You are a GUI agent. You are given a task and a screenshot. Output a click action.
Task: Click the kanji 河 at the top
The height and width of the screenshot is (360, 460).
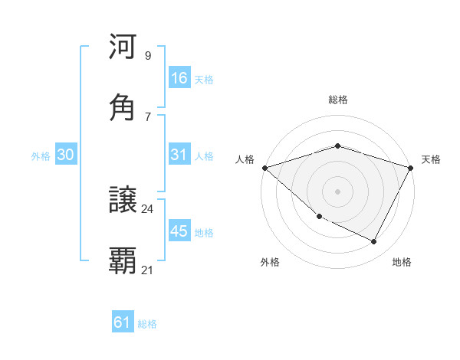123,47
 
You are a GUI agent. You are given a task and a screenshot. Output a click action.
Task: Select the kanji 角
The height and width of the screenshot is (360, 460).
123,107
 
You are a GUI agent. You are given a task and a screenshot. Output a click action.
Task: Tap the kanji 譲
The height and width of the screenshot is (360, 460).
123,201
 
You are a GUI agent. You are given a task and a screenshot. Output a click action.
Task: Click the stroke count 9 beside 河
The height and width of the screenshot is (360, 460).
147,55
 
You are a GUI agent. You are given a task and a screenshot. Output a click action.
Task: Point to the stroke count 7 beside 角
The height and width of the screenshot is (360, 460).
147,116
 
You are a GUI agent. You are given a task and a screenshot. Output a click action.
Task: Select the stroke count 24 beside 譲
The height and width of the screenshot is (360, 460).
148,208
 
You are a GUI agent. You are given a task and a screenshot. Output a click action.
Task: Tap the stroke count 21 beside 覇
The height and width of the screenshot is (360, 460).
148,270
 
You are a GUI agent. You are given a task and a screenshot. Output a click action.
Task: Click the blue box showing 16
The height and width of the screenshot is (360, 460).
179,77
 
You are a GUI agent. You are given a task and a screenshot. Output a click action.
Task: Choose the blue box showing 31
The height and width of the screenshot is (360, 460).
179,155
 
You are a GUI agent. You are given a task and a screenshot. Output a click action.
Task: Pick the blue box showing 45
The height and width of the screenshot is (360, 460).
179,231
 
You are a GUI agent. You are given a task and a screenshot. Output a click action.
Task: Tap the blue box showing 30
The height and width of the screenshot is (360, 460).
66,155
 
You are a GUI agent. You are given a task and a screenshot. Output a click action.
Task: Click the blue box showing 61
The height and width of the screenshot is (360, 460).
123,322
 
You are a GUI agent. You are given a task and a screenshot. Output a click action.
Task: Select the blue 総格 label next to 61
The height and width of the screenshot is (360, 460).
147,324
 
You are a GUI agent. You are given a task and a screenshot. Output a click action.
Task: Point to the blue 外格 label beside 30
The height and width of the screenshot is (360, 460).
41,155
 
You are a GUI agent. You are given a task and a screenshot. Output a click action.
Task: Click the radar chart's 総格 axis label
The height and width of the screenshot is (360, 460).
337,100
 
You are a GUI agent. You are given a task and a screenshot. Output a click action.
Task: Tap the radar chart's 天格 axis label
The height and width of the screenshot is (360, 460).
431,159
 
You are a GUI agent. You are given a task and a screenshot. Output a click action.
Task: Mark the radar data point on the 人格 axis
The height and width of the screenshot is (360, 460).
264,168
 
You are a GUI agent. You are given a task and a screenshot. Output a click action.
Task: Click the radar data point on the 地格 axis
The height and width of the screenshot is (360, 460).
374,242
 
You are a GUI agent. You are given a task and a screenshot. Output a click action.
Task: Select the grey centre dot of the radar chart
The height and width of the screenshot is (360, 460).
337,191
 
